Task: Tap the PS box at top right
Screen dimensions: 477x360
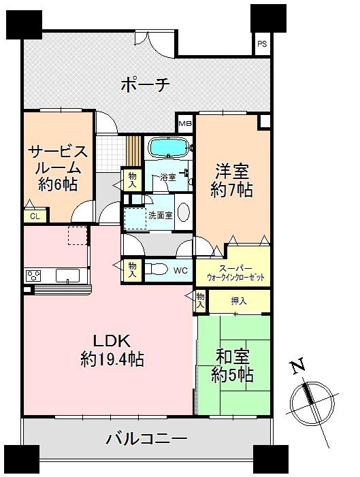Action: [262, 45]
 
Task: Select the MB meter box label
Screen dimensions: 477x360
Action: [184, 124]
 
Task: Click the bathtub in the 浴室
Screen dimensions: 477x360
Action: [167, 146]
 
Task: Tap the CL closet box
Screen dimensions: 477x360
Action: [33, 216]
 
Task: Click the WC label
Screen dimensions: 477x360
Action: [180, 270]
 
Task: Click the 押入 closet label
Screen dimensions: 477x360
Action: [238, 301]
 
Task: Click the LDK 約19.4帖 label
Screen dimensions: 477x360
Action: [112, 350]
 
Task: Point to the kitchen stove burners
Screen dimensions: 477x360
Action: [33, 275]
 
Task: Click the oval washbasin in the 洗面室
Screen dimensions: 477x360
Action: [183, 212]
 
